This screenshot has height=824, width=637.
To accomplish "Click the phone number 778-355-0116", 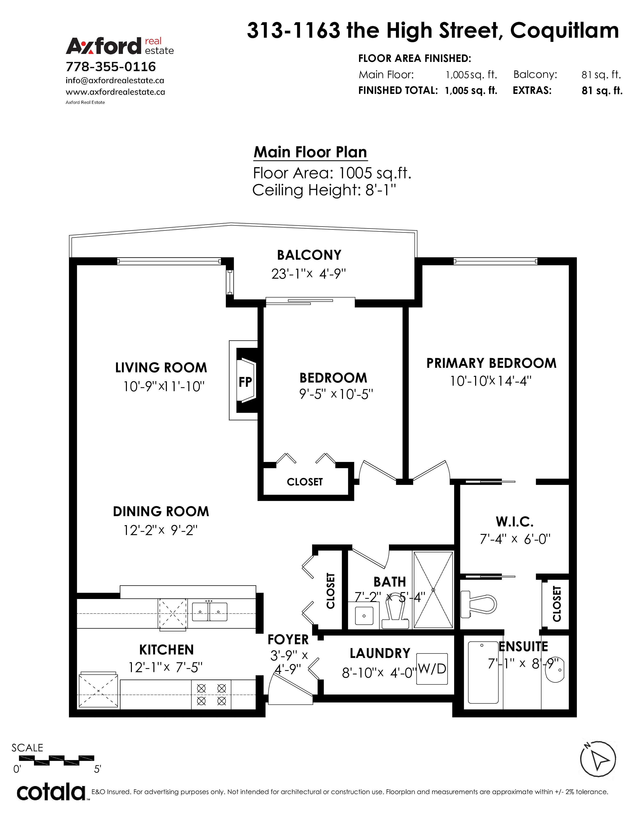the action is [111, 67].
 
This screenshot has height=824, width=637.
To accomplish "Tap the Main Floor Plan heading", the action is [310, 152].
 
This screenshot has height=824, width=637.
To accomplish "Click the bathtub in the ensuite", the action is [483, 672].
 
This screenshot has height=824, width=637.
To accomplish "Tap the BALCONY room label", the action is [309, 255].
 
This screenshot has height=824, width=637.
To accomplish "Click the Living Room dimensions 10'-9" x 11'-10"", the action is [164, 386].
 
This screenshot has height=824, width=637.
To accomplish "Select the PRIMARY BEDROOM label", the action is [491, 363].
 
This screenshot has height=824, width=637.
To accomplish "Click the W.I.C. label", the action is [515, 522].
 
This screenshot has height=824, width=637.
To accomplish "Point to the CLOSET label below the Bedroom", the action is [305, 482].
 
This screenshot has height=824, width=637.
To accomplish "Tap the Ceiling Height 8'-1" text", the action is [324, 190].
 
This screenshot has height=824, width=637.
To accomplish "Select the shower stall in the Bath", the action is [433, 590].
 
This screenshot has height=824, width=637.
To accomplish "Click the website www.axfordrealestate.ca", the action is [115, 92].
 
